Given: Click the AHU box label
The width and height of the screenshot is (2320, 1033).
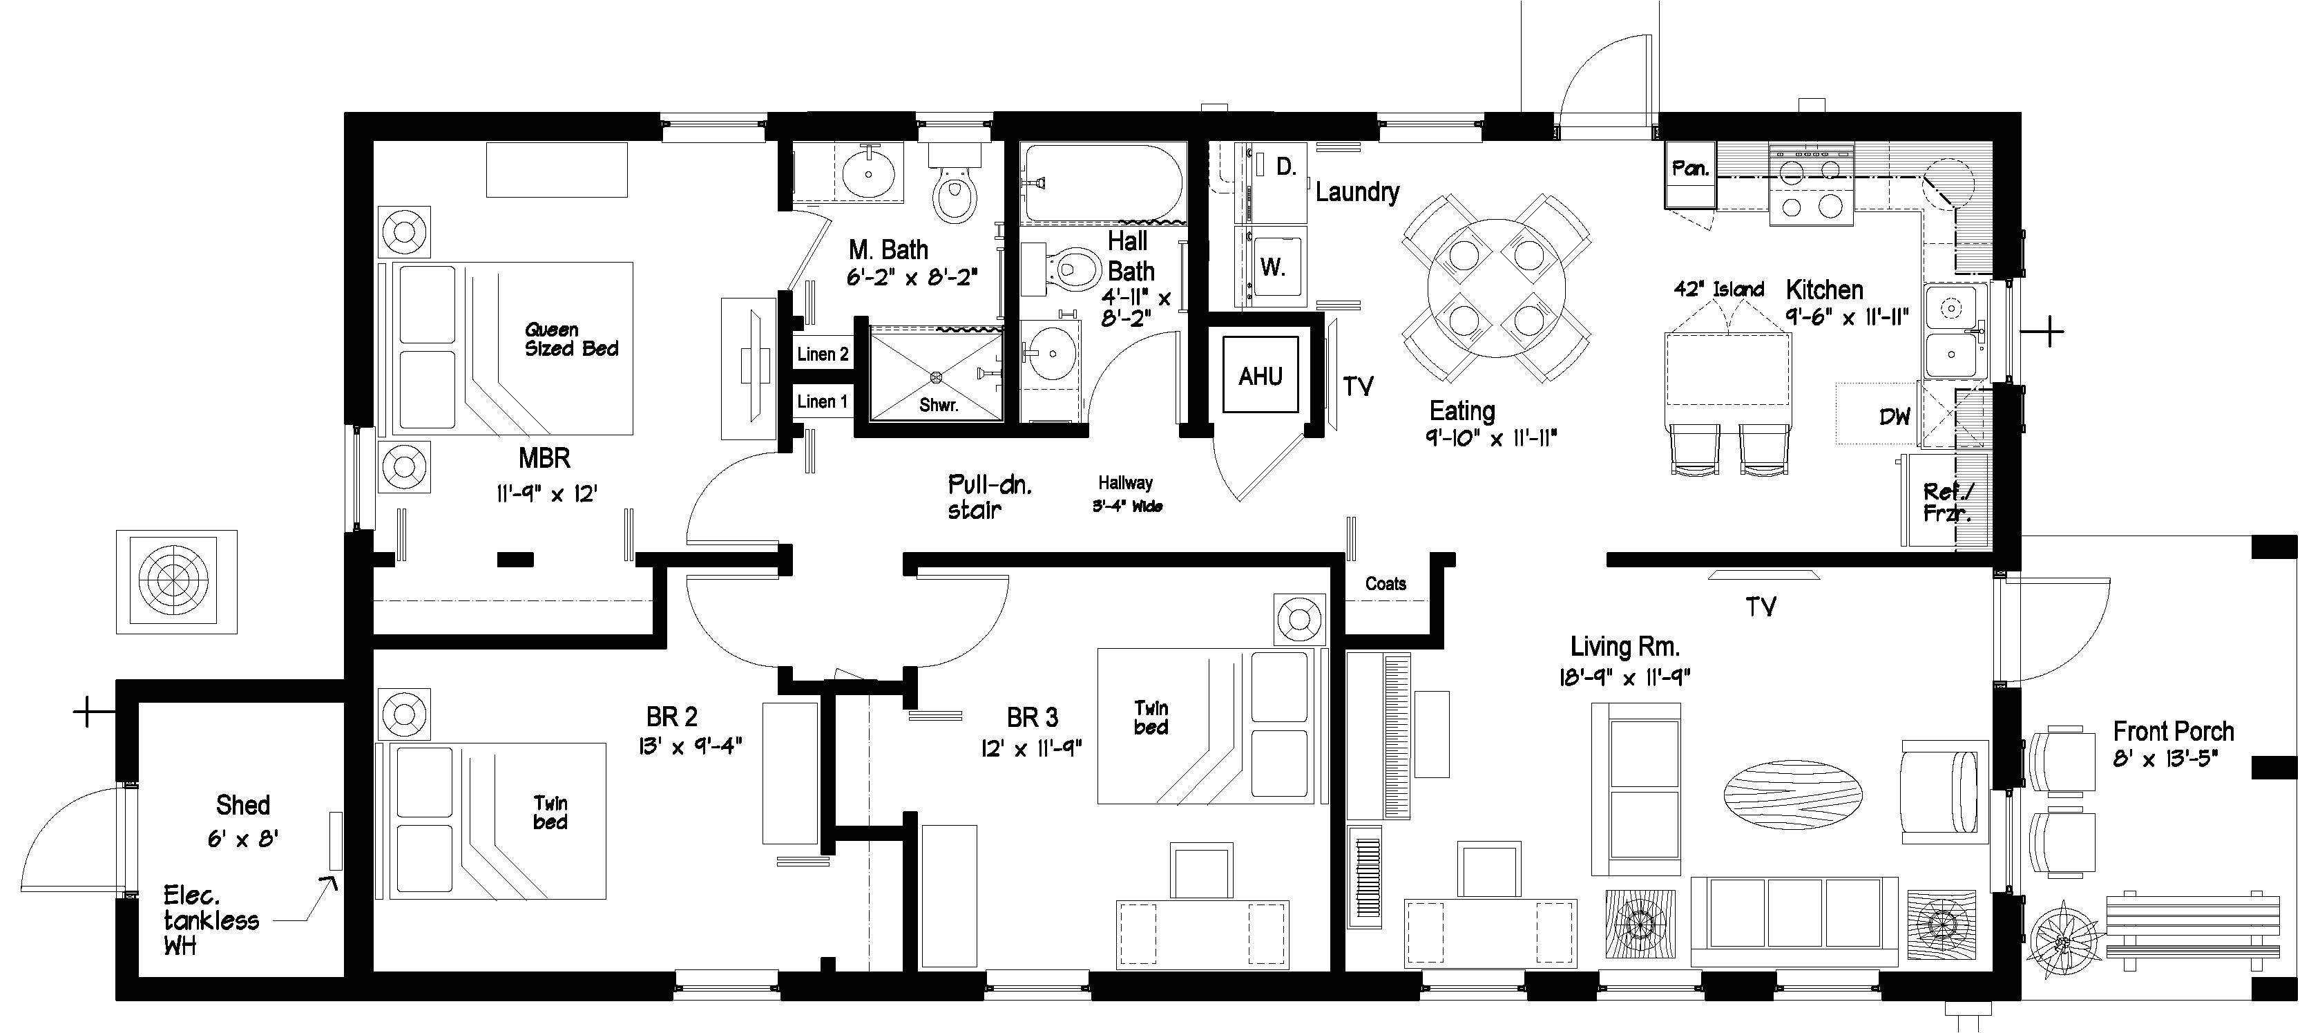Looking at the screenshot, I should [x=1260, y=377].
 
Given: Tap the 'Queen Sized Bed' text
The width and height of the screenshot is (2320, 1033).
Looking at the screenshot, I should [x=571, y=339].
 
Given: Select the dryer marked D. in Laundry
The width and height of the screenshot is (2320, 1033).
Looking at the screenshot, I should [x=1286, y=167].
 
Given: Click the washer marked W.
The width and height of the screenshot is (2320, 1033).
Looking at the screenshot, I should [x=1272, y=267].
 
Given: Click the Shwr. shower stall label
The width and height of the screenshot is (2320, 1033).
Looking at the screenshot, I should [x=937, y=406].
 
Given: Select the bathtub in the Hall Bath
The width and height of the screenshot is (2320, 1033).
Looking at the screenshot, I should [x=1102, y=184].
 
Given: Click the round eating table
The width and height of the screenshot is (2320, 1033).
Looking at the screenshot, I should [x=1496, y=288].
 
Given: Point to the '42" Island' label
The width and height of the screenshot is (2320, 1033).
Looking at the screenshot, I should [x=1718, y=289].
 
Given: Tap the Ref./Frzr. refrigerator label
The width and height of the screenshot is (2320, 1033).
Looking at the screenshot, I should [x=1946, y=502].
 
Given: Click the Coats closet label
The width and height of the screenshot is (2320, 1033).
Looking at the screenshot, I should [x=1385, y=584].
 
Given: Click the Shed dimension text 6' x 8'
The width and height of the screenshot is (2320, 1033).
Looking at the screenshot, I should [x=242, y=840].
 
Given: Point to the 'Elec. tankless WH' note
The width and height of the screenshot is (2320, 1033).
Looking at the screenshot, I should [x=211, y=920].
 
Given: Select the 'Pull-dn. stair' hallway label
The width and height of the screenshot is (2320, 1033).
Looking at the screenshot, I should [x=988, y=497].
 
